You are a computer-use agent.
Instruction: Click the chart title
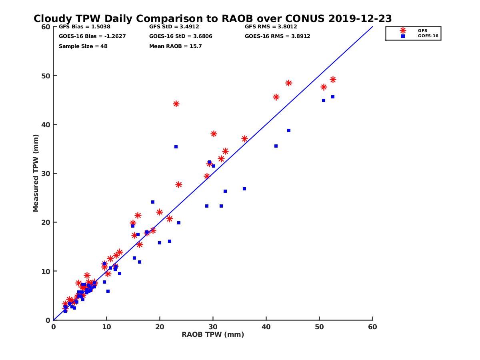point(213,18)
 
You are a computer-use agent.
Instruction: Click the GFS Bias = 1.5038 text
point(84,27)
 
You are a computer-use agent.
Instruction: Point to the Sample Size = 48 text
point(83,46)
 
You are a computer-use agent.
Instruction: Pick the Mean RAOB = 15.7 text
point(176,46)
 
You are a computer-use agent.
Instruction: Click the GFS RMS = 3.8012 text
point(271,27)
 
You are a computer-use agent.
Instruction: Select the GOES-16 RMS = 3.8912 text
point(278,36)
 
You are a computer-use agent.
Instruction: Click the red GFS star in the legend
point(403,30)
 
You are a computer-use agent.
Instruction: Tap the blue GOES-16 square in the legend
point(403,36)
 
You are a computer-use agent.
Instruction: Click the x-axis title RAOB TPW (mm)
point(213,334)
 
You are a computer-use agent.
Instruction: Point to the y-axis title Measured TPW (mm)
point(36,173)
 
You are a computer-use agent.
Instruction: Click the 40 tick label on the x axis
point(266,327)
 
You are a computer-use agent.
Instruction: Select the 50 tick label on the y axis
point(46,76)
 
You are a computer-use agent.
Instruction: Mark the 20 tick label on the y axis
point(46,222)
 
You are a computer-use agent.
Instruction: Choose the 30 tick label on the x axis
point(213,327)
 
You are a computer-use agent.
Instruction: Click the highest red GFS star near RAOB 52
point(333,80)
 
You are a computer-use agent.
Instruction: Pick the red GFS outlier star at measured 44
point(176,104)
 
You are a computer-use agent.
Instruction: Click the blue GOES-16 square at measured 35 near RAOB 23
point(176,147)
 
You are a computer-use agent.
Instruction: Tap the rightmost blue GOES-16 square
point(333,97)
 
